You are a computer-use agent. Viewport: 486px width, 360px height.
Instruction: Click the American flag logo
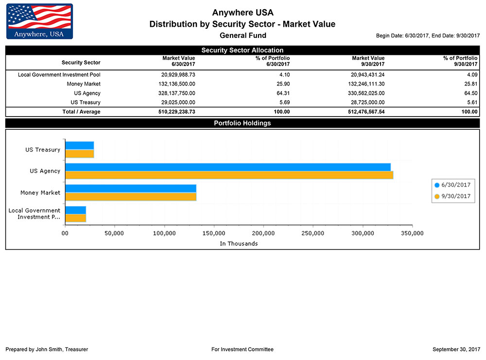coord(39,21)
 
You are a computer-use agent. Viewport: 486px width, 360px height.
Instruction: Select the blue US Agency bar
coord(227,167)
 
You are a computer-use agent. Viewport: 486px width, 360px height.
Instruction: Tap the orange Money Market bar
coord(130,197)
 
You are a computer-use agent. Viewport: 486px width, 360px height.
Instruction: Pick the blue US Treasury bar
coord(79,145)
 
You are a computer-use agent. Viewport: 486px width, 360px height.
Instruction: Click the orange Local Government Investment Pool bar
coord(75,218)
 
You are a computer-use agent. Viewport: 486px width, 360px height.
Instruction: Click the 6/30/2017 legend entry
coord(453,185)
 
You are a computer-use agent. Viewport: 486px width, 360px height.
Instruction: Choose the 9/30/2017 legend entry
coord(453,196)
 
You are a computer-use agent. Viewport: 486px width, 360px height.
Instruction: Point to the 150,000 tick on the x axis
coord(214,233)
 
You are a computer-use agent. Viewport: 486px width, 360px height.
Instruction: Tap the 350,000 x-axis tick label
coord(412,233)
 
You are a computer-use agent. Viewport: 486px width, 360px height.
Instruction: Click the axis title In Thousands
coord(239,243)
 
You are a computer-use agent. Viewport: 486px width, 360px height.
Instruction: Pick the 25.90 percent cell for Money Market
coord(283,84)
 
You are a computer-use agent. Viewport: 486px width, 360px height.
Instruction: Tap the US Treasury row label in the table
coord(86,103)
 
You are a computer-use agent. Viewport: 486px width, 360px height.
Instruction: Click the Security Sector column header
coord(81,62)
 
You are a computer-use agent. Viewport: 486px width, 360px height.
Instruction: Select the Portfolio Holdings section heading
coord(242,123)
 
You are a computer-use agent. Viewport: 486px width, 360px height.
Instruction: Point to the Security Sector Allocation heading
coord(242,50)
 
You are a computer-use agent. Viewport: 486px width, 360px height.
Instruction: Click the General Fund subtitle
coord(243,35)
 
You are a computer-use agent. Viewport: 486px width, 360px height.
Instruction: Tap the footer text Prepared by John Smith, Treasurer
coord(47,349)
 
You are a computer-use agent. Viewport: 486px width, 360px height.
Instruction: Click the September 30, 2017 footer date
coord(456,349)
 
